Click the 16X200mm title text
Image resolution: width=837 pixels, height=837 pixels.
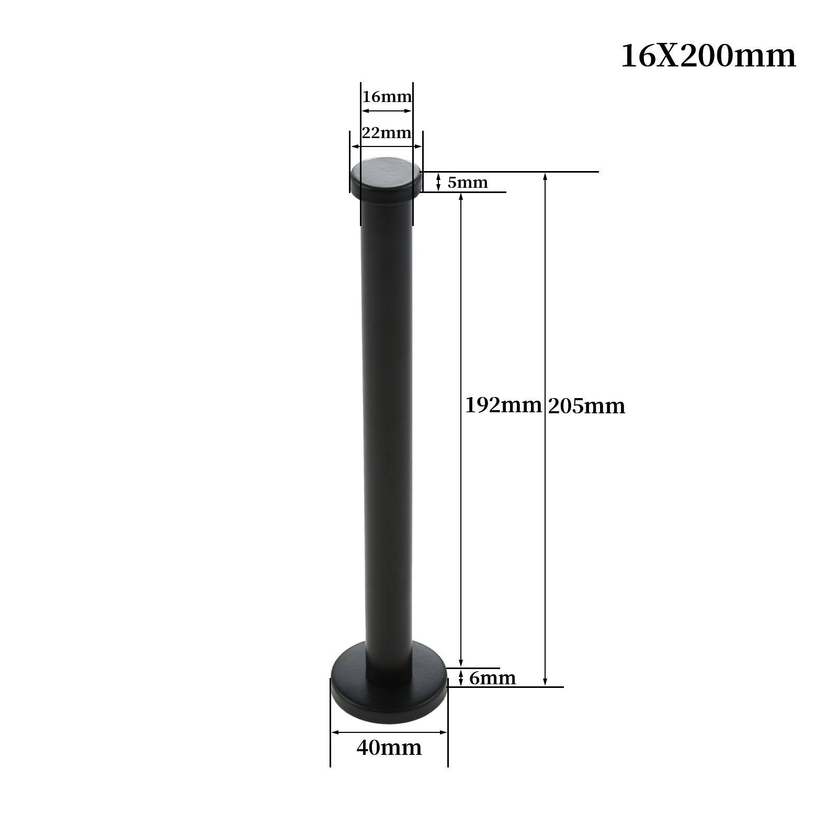click(x=708, y=56)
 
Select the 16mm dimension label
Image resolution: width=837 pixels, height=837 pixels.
click(x=387, y=97)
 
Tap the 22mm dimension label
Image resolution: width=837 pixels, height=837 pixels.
click(x=387, y=133)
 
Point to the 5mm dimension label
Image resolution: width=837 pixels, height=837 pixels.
click(x=467, y=183)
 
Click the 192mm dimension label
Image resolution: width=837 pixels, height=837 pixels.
click(x=503, y=405)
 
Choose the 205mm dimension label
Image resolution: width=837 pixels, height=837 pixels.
click(x=586, y=406)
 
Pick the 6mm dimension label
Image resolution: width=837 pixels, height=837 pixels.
click(x=492, y=678)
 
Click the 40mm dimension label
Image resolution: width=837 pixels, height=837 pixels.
click(x=389, y=748)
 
